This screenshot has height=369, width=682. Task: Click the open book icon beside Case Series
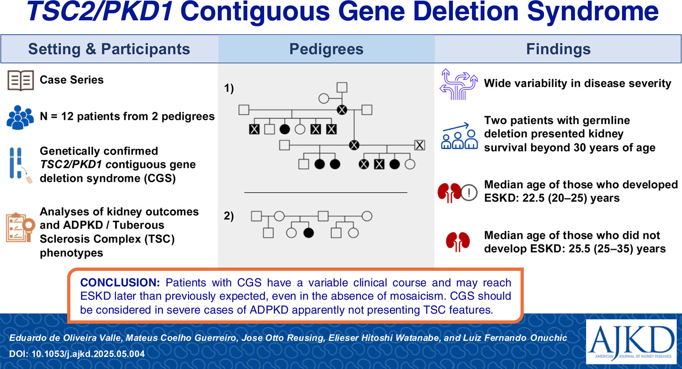(x=20, y=80)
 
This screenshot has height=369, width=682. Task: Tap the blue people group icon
(x=20, y=117)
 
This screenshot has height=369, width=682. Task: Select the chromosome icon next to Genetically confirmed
(x=17, y=164)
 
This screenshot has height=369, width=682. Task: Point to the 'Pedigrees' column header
(x=326, y=49)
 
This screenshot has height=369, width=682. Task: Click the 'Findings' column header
(x=558, y=49)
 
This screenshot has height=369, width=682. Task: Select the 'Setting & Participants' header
(x=109, y=49)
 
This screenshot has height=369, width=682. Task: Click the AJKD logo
(x=631, y=342)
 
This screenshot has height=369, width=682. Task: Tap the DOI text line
(x=77, y=354)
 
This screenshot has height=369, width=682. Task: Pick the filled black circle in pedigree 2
(x=308, y=233)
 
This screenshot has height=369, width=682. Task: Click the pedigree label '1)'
(x=229, y=88)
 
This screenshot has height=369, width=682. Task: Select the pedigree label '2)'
(x=229, y=216)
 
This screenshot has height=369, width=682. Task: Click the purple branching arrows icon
(x=458, y=84)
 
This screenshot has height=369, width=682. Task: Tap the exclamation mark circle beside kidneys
(x=469, y=193)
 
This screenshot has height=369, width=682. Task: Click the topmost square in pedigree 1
(x=342, y=87)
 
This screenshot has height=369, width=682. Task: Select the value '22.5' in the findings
(x=534, y=198)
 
